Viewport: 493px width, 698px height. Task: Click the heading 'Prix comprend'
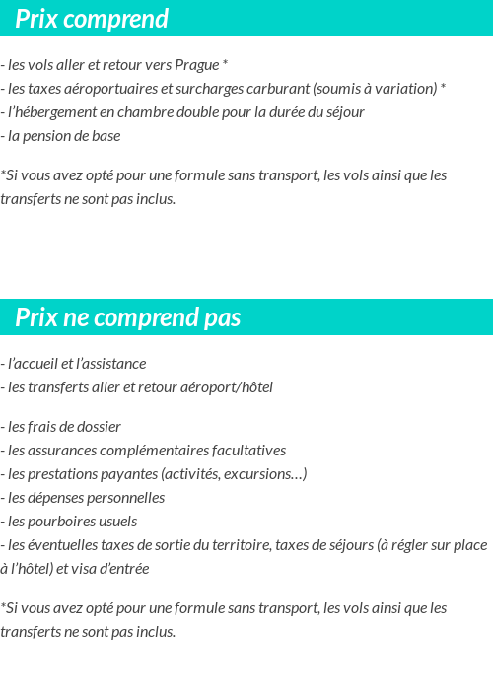[x=92, y=19]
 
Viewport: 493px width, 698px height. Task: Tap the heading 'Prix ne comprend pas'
[x=128, y=317]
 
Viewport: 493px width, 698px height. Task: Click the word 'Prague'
[x=196, y=65]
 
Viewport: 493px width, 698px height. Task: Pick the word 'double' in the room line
[x=223, y=112]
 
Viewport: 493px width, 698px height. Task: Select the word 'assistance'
[x=112, y=364]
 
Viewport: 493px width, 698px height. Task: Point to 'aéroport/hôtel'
[x=226, y=387]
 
